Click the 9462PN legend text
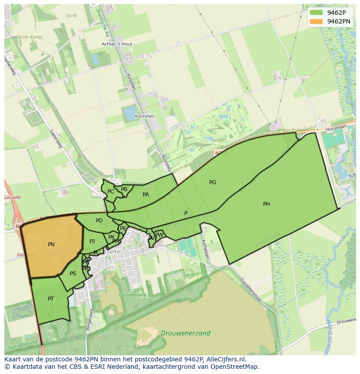[339, 21]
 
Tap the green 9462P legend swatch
[317, 13]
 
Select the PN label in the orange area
[51, 245]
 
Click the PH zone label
[267, 204]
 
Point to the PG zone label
[213, 182]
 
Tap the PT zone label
[51, 298]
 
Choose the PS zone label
[73, 274]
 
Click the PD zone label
[99, 221]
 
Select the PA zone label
[146, 195]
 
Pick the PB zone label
[124, 189]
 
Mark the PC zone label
[110, 192]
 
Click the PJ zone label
[92, 242]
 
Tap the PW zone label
[159, 235]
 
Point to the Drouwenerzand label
[186, 334]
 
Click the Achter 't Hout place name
[117, 44]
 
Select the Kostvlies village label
[144, 116]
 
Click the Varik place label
[71, 16]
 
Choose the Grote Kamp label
[30, 37]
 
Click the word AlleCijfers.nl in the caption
[225, 359]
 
